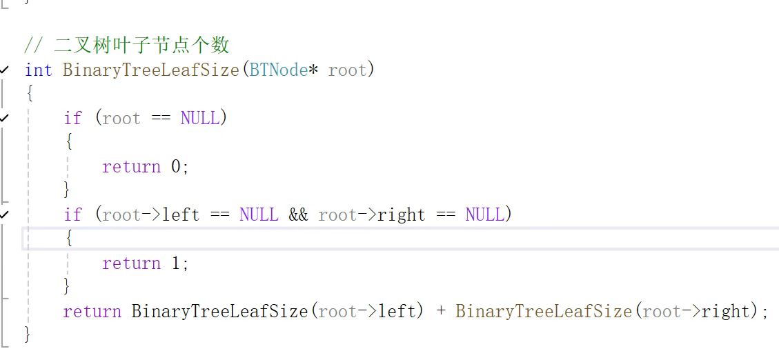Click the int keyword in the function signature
pyautogui.click(x=38, y=70)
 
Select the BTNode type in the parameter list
pyautogui.click(x=278, y=70)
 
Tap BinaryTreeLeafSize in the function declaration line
pyautogui.click(x=151, y=70)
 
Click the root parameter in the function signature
pyautogui.click(x=348, y=70)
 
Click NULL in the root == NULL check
pyautogui.click(x=200, y=118)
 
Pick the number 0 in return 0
pyautogui.click(x=175, y=167)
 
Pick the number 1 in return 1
pyautogui.click(x=175, y=263)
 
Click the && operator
pyautogui.click(x=298, y=214)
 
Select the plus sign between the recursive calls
pyautogui.click(x=440, y=312)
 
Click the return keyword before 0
pyautogui.click(x=131, y=167)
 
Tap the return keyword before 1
pyautogui.click(x=131, y=263)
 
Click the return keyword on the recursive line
pyautogui.click(x=92, y=312)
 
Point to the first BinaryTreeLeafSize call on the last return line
pyautogui.click(x=219, y=312)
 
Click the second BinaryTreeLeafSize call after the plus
pyautogui.click(x=544, y=312)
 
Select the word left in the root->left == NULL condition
pyautogui.click(x=181, y=214)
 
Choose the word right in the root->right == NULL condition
pyautogui.click(x=401, y=214)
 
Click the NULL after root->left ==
pyautogui.click(x=259, y=214)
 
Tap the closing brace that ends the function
pyautogui.click(x=28, y=334)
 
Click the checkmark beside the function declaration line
pyautogui.click(x=6, y=69)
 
